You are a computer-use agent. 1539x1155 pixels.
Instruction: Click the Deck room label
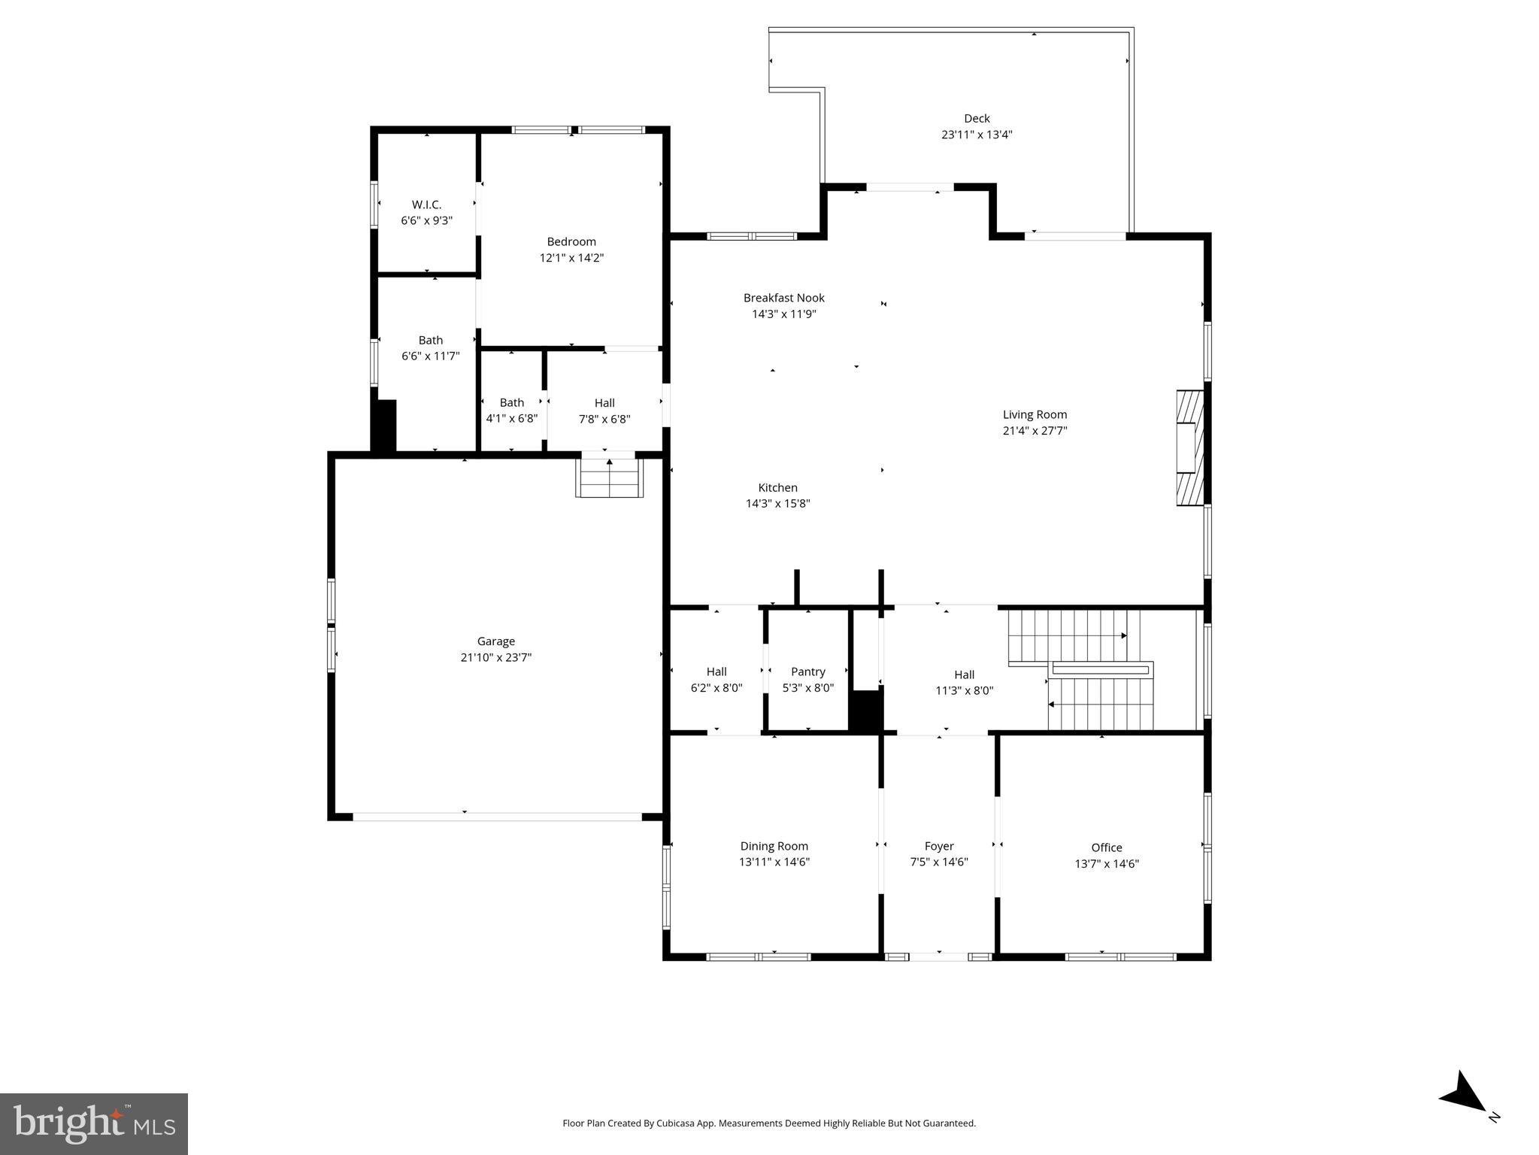pos(977,118)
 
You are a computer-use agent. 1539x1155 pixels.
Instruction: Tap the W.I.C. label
pos(426,205)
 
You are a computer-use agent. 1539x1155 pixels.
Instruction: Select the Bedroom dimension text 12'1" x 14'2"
pos(571,258)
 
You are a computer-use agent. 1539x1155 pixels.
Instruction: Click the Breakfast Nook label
pos(783,298)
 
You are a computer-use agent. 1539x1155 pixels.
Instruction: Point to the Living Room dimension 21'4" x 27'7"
pos(1035,431)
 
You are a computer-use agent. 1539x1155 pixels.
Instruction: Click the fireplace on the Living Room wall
pos(1190,447)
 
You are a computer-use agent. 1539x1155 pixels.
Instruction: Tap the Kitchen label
pos(777,487)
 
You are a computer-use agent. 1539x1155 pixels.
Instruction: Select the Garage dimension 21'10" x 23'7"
pos(495,657)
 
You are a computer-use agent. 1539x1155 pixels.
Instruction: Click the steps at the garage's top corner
pos(610,477)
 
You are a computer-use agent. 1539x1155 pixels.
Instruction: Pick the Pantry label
pos(807,671)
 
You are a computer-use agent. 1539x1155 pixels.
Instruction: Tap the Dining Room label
pos(774,846)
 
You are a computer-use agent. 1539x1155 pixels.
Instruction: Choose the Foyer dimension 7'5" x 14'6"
pos(938,862)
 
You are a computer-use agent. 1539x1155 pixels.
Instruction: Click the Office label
pos(1106,847)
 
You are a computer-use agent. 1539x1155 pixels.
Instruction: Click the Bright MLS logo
pos(93,1124)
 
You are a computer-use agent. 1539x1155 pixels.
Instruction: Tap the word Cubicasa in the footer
pos(674,1123)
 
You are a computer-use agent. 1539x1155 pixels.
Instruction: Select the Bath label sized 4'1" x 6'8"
pos(511,402)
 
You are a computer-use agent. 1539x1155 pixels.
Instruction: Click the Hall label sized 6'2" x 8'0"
pos(716,671)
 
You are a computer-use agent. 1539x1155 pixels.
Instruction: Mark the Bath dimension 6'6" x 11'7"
pos(430,356)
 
